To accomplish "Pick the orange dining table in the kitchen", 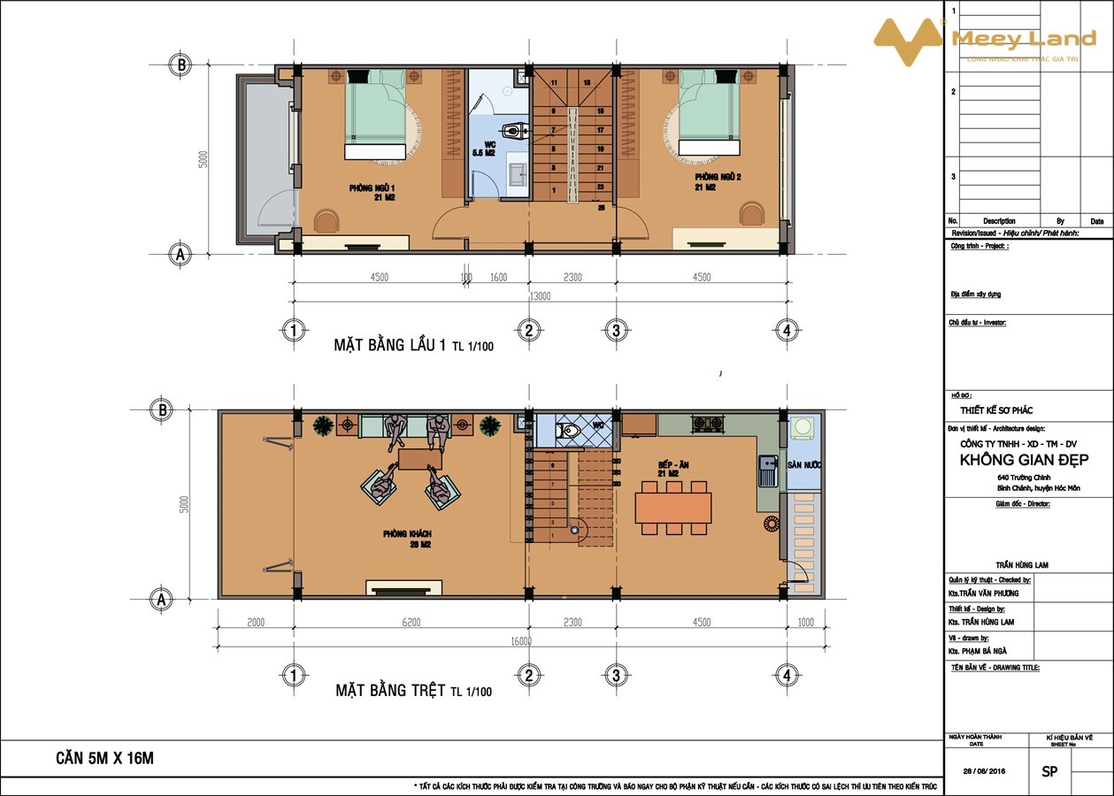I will coord(673,508).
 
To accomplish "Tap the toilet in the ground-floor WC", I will coord(566,431).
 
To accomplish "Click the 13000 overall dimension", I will coord(540,296).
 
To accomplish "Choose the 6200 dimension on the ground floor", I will coord(411,623).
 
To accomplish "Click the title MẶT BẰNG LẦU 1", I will coord(389,345).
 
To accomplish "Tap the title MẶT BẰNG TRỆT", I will coord(390,690).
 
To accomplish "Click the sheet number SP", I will coord(1049,770).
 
